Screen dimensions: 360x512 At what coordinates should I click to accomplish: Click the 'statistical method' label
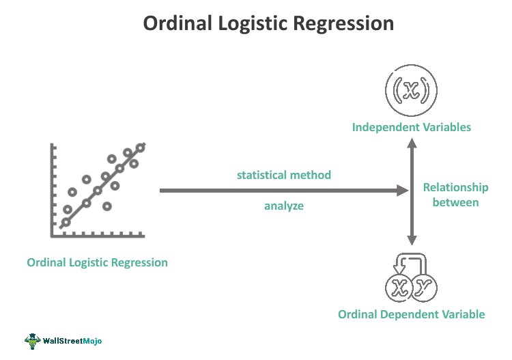[284, 175]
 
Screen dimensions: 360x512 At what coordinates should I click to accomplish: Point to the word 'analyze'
[284, 205]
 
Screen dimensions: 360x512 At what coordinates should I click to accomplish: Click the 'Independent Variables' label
[412, 127]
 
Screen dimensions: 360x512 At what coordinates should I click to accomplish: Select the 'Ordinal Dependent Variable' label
[412, 314]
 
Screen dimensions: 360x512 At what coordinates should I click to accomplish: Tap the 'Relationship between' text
[456, 195]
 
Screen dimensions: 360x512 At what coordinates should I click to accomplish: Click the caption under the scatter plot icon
[98, 262]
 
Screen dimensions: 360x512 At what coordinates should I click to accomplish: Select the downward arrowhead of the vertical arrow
[412, 240]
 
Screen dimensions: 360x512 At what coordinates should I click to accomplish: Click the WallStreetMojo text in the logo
[72, 340]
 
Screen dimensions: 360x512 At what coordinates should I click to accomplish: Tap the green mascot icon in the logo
[33, 340]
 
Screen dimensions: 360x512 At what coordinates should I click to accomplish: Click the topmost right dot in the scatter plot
[141, 147]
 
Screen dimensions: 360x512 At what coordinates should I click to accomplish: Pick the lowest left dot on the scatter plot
[66, 222]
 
